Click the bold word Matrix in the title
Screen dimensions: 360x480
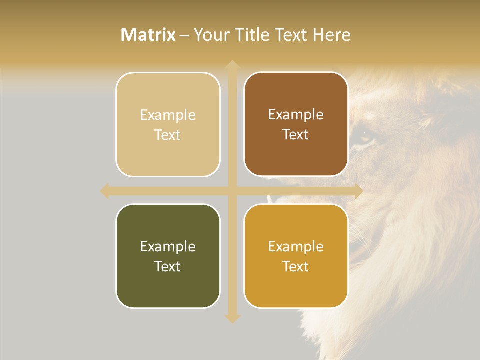tap(148, 35)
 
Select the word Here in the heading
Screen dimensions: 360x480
tap(331, 35)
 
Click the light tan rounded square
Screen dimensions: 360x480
tap(168, 124)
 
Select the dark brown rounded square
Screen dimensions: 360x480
tap(296, 124)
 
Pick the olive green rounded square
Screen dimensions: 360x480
tap(168, 256)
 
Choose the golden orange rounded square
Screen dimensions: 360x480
tap(296, 256)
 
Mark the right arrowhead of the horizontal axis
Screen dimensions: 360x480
tap(358, 191)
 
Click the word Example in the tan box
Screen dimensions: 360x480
tap(168, 115)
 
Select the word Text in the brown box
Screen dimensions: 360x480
tap(296, 135)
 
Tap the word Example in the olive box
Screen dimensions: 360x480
tap(168, 246)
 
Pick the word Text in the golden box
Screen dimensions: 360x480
tap(296, 266)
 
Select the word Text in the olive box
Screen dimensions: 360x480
tap(168, 266)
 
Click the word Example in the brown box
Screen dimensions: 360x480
tap(296, 115)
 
